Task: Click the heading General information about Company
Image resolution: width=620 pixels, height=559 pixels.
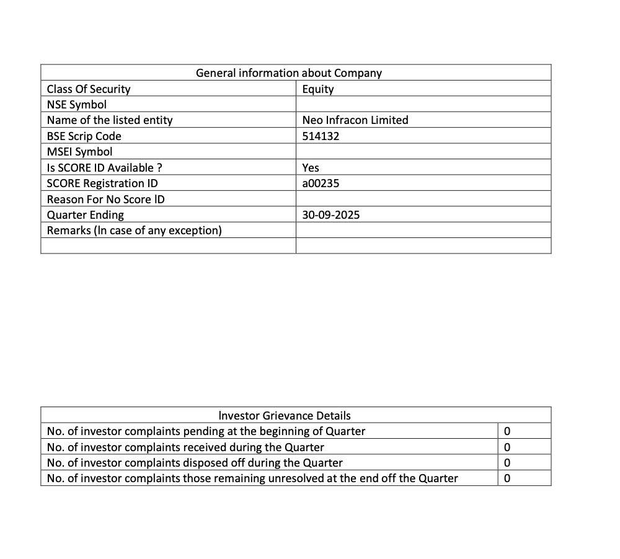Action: tap(288, 73)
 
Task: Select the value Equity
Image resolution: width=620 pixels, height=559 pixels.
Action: tap(318, 89)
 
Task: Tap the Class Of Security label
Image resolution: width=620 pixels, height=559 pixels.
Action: tap(89, 89)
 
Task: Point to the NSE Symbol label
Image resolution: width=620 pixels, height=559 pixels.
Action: tap(77, 105)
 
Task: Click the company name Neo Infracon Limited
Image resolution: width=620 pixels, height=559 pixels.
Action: tap(355, 120)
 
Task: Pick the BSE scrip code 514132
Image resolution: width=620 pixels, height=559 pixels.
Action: tap(321, 136)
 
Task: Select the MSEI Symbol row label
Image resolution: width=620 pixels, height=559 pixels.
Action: tap(79, 152)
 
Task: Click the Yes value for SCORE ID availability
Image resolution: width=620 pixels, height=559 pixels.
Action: tap(311, 168)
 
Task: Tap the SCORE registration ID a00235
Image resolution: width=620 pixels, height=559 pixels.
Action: tap(321, 183)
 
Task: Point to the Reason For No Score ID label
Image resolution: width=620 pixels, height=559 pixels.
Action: tap(105, 200)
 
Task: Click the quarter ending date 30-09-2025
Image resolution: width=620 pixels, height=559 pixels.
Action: tap(330, 215)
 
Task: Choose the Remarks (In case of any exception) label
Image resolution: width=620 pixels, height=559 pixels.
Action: tap(134, 231)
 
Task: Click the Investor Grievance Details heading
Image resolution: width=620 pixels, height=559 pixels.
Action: tap(285, 416)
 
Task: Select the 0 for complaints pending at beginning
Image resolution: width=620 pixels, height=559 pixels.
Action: tap(507, 431)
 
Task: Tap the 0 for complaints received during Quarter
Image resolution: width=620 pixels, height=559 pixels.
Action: tap(507, 447)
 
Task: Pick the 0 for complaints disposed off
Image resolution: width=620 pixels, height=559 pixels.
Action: tap(507, 463)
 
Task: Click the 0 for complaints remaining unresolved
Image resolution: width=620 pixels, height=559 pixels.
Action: tap(507, 478)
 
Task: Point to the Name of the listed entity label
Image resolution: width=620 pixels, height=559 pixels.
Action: tap(110, 120)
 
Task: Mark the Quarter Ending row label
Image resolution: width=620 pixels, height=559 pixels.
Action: tap(86, 215)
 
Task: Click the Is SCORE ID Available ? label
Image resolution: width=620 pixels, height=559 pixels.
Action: tap(105, 168)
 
